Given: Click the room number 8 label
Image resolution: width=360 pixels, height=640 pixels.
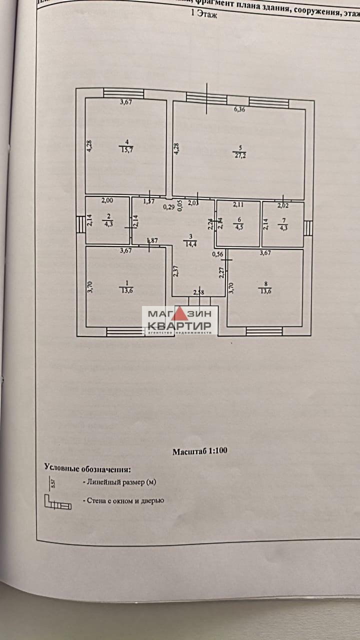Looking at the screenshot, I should [263, 284].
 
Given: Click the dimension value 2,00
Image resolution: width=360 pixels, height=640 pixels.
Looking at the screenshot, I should [107, 201].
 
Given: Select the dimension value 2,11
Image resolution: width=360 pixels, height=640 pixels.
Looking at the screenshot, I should [238, 204].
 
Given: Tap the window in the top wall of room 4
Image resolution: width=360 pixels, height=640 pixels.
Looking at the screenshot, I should [123, 93].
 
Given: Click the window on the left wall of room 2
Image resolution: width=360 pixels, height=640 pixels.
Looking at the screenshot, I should [80, 224].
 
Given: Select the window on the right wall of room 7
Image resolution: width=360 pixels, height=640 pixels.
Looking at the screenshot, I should [308, 228].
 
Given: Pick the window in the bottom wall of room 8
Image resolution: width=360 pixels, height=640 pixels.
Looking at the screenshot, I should [264, 331].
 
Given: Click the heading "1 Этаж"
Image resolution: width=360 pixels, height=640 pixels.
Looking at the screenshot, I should [205, 15].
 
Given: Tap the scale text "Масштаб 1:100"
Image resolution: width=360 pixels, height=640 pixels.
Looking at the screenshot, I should [200, 451].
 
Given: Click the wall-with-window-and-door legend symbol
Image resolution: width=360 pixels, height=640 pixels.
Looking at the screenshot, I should [57, 502].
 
